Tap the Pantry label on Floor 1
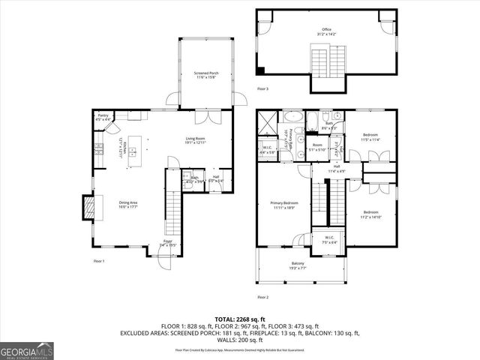tap(103, 118)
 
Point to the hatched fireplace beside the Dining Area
tap(89, 208)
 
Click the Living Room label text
tap(196, 139)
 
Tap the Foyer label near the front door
tap(168, 242)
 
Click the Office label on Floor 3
tap(326, 31)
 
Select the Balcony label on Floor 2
tap(298, 265)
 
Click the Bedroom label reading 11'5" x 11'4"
tap(371, 138)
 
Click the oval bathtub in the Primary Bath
tap(292, 119)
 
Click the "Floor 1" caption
tap(98, 261)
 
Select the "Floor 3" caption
tap(262, 89)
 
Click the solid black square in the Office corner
tap(259, 71)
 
